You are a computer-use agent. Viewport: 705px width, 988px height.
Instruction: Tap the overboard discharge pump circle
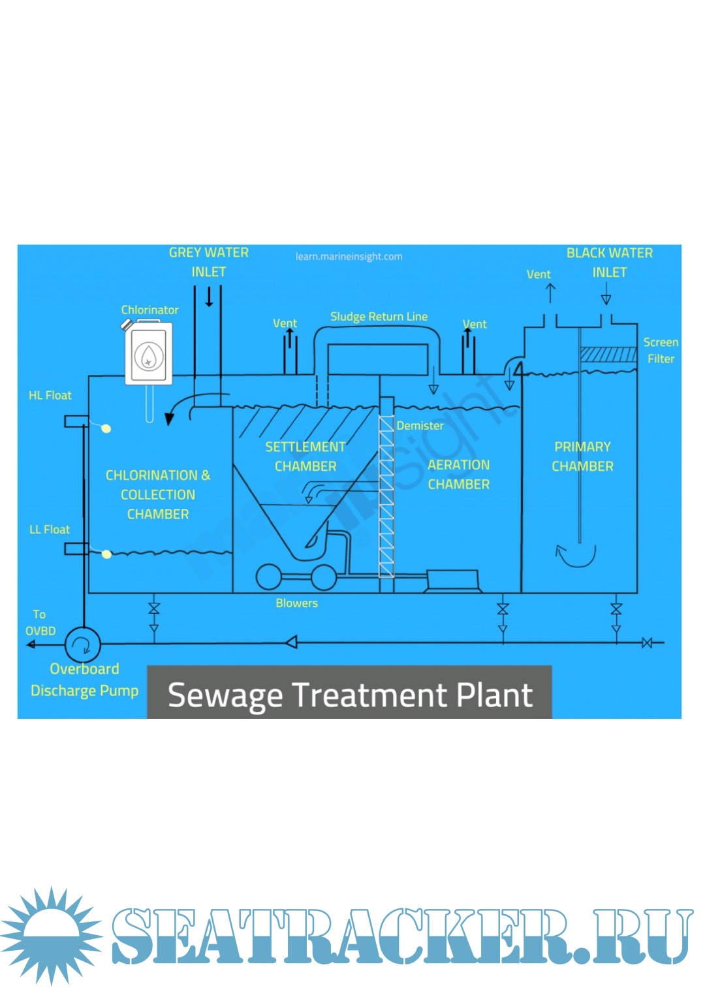83,645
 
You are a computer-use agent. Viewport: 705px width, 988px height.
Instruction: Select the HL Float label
50,395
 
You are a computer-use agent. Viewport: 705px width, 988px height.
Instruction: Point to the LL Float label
50,530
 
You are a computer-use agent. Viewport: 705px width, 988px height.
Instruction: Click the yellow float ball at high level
106,428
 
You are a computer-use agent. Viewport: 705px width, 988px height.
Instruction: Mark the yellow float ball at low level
106,554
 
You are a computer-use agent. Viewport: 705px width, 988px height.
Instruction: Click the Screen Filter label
661,350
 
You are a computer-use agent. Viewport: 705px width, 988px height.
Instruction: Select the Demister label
420,426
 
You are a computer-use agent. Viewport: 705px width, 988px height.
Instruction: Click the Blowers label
296,603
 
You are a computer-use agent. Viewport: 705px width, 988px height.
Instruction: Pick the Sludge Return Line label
379,317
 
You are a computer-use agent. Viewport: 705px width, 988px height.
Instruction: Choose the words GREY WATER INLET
209,262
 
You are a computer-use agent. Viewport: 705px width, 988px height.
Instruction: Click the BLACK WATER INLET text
609,262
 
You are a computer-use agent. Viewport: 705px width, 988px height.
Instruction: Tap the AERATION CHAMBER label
458,475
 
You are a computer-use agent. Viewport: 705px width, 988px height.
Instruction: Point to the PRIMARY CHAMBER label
582,456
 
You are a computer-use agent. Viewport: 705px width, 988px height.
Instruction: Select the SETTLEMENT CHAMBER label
305,456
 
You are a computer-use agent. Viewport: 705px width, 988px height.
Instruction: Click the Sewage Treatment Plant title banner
349,693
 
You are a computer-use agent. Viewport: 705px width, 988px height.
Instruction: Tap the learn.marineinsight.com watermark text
349,257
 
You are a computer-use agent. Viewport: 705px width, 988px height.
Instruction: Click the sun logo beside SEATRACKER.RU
51,935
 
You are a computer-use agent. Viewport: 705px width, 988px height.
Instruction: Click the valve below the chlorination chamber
154,609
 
